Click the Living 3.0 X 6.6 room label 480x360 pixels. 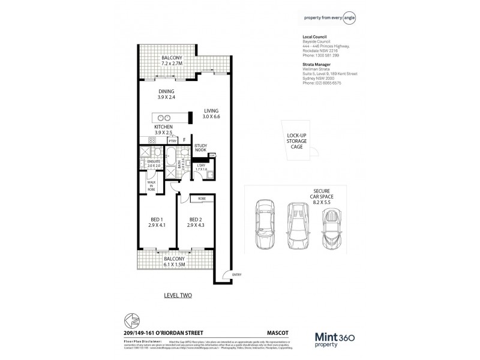pos(211,114)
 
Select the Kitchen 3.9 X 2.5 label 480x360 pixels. pos(163,131)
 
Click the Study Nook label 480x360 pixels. pos(200,149)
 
